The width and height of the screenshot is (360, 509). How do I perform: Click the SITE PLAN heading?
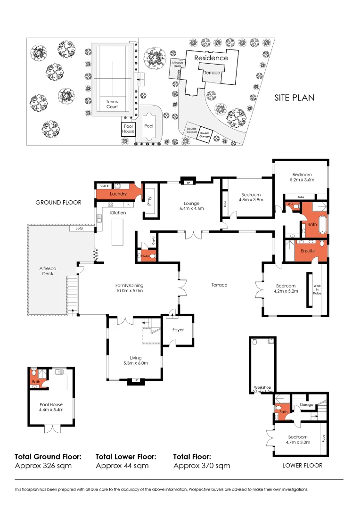(295, 98)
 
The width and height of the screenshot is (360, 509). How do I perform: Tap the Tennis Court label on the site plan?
(112, 104)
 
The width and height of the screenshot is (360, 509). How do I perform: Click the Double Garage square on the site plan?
(204, 134)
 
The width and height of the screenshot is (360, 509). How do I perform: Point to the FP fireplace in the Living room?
(135, 380)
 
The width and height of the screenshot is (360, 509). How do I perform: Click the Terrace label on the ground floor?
(219, 285)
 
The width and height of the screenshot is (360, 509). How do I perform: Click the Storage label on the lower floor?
(306, 404)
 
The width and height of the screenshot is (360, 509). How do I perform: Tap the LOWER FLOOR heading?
(302, 466)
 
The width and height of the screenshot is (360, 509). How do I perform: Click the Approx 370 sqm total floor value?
(202, 466)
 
